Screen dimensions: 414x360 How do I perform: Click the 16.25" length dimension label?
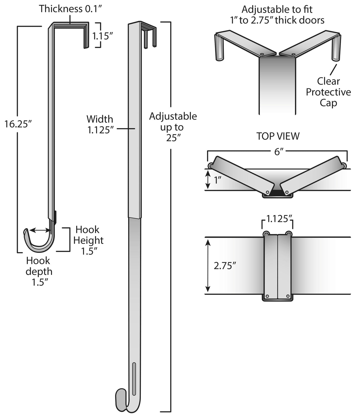18,124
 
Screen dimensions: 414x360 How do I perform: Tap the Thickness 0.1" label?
70,9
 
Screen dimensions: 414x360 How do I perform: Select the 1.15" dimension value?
103,36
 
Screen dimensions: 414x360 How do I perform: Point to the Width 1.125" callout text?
100,125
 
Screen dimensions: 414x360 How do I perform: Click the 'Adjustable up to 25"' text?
173,127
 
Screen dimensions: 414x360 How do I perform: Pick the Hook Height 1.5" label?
88,240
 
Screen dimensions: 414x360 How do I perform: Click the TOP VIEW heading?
278,136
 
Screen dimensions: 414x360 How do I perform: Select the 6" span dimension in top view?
277,152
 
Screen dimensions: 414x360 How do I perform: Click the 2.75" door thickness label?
225,266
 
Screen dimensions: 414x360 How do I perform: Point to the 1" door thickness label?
218,180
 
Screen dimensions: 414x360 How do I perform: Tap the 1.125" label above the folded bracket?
278,219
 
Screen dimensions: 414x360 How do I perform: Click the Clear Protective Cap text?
328,92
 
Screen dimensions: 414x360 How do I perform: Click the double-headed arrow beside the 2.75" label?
208,266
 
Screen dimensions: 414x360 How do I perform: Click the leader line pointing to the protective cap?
333,69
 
